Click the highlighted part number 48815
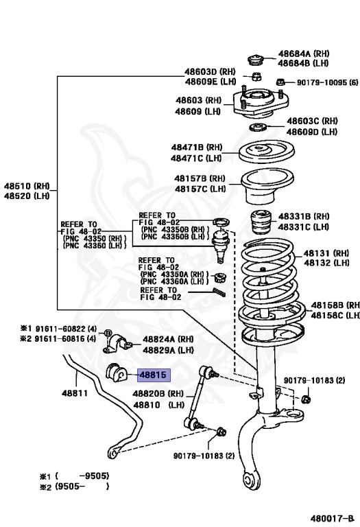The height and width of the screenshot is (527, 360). pyautogui.click(x=152, y=375)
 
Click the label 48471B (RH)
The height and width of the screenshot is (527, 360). pyautogui.click(x=197, y=147)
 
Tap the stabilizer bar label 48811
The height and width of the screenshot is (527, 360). pyautogui.click(x=74, y=393)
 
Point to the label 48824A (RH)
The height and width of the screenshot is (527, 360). pyautogui.click(x=168, y=339)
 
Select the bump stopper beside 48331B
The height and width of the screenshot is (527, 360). pyautogui.click(x=261, y=221)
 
